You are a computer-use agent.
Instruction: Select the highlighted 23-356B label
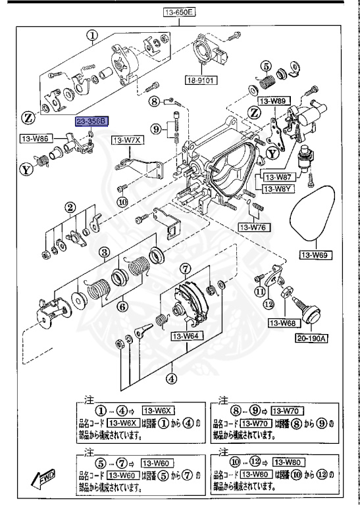91,122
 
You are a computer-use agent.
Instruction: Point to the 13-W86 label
36,139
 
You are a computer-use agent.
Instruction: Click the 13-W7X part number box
126,140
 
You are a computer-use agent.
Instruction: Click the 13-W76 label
251,227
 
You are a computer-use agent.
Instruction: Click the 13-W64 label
186,337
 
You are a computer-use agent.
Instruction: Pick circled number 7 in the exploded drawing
186,268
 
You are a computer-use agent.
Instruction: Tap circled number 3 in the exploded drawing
103,252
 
